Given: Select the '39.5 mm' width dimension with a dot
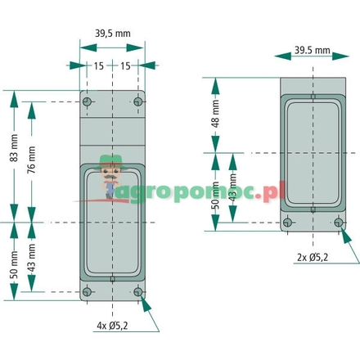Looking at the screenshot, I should (x=312, y=51).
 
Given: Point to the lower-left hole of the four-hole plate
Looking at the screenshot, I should (x=88, y=291).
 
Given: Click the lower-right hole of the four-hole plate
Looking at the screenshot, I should (x=137, y=291).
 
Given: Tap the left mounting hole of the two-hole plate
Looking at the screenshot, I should (x=287, y=222).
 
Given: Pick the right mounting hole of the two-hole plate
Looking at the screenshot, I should (x=337, y=222).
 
